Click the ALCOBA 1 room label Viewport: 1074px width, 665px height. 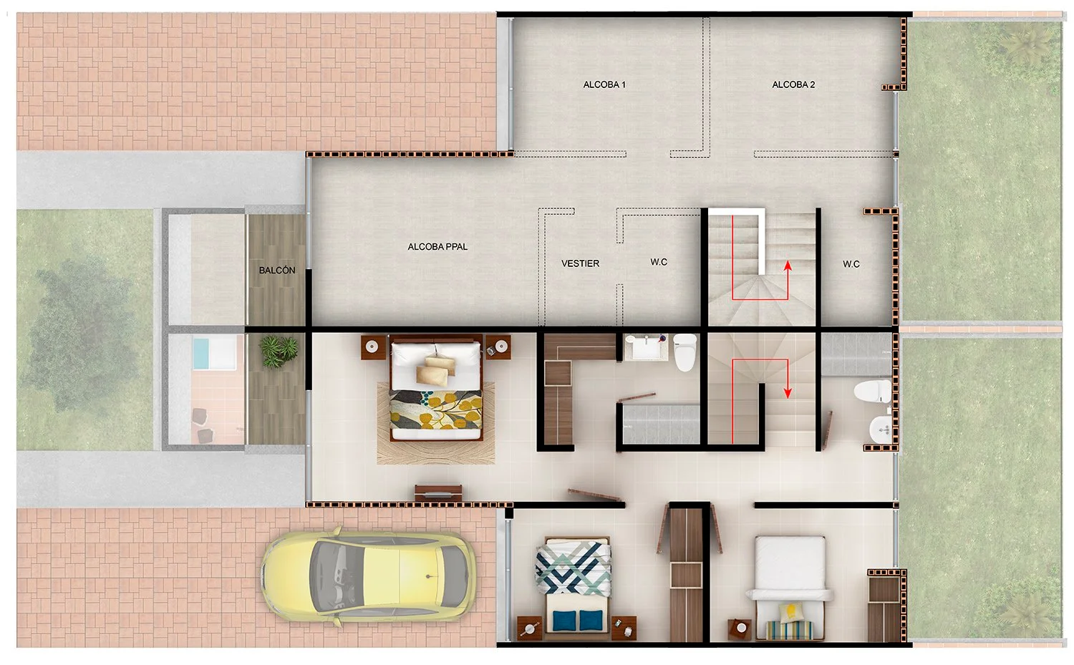604,85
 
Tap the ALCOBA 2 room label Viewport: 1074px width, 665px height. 793,85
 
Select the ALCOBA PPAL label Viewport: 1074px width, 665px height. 437,247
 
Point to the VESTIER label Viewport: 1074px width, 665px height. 580,263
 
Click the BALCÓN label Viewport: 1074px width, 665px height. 276,271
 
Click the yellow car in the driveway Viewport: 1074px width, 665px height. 368,576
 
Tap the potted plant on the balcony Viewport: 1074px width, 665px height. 278,351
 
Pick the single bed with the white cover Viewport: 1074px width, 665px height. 790,588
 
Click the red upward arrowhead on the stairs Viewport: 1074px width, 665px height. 788,266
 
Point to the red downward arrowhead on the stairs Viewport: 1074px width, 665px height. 788,393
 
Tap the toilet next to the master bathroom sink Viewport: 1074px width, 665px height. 685,352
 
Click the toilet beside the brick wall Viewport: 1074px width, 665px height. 873,392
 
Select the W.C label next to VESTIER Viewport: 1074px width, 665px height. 659,262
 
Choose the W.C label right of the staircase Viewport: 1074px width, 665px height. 851,264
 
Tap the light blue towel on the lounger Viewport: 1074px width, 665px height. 201,354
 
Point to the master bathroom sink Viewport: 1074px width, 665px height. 645,347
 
